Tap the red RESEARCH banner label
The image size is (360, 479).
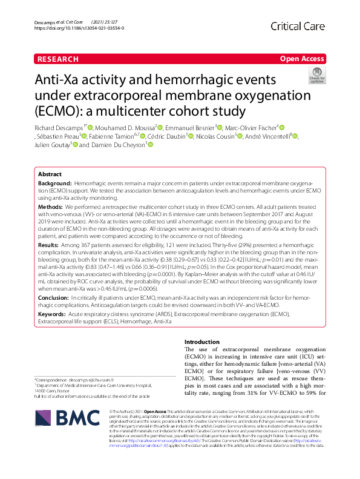click(57, 59)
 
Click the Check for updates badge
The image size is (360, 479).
click(316, 76)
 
